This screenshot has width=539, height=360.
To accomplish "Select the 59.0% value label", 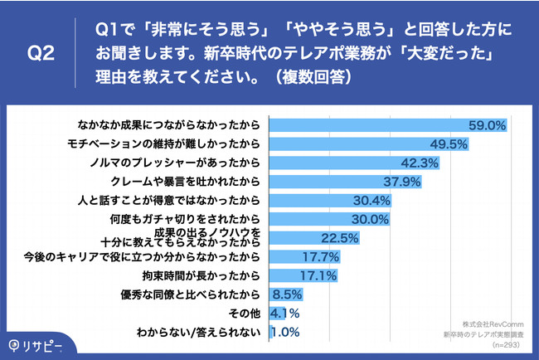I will (x=488, y=125).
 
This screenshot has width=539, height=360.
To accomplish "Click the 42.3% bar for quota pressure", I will (x=348, y=163).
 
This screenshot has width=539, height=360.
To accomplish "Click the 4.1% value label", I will (x=284, y=314).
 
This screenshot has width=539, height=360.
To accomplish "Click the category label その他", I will (x=245, y=314).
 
